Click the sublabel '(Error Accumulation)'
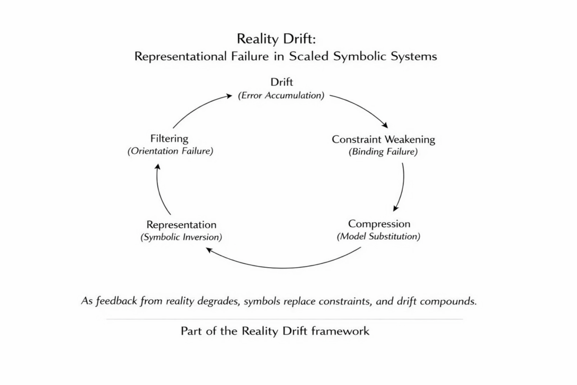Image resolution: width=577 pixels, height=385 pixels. pos(281,95)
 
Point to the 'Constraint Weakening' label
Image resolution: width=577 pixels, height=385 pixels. pos(383,139)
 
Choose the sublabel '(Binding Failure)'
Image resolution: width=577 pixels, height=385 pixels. pos(383,152)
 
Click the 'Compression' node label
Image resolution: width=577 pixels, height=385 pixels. pos(379,224)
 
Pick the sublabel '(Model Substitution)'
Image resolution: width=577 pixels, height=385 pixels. pos(379,236)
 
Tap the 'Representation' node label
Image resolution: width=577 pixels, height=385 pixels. pos(181,224)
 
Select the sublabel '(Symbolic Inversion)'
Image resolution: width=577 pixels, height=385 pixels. pos(181,237)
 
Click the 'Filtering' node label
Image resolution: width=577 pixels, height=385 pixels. pos(169,138)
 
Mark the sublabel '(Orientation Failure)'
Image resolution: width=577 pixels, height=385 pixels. pos(170,151)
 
